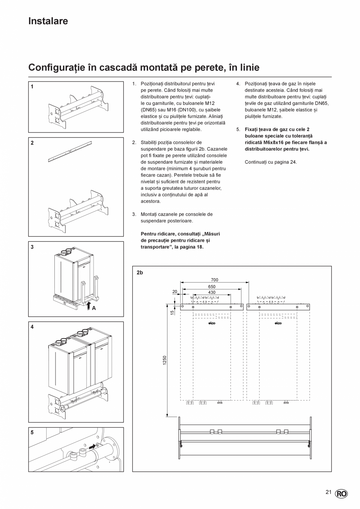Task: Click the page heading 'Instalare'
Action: coord(48,21)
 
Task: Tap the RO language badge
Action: coord(341,494)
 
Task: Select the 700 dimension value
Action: coord(214,280)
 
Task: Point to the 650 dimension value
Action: coord(211,286)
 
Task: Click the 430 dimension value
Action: coord(211,292)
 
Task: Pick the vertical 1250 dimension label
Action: coord(165,360)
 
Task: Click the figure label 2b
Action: coord(140,273)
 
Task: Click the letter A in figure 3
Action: coord(94,308)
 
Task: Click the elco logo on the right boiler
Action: coord(278,323)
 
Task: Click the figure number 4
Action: coord(32,327)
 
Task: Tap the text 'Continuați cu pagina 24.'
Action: coord(271,162)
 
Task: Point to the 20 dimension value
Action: coord(175,291)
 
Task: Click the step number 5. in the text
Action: coord(238,129)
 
